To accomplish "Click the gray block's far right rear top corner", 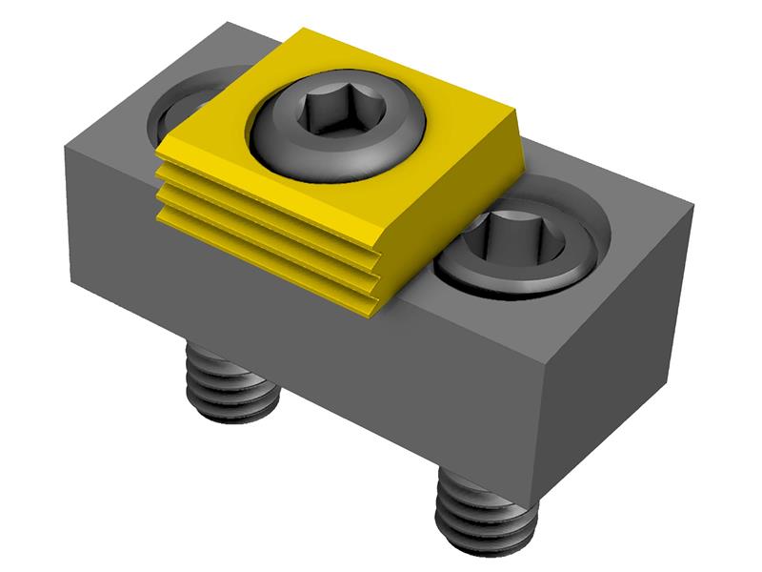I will coord(692,208).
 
